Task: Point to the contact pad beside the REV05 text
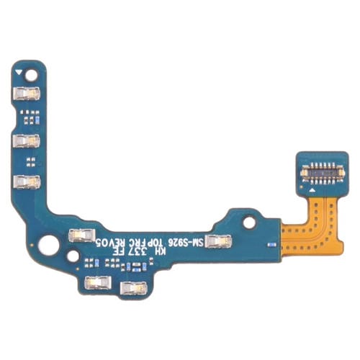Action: [x=77, y=233]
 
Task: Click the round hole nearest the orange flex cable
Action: [x=248, y=222]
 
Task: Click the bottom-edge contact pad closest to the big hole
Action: [x=94, y=282]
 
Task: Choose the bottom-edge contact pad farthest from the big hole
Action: [x=130, y=288]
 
